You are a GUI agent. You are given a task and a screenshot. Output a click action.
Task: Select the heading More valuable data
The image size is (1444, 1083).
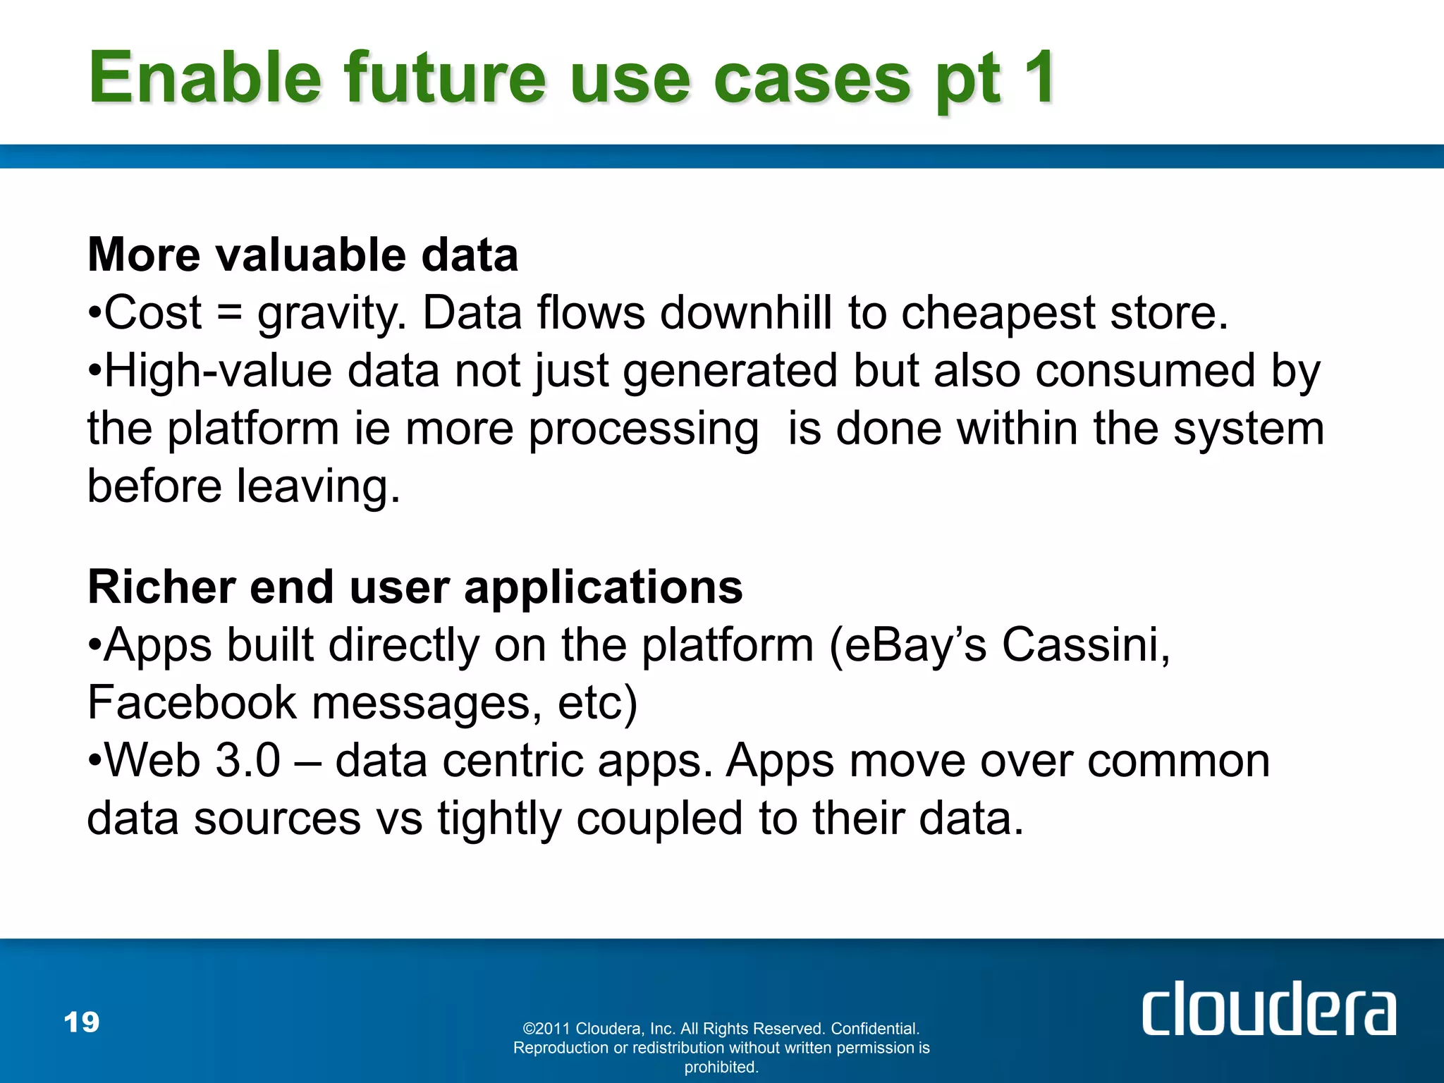[x=302, y=255]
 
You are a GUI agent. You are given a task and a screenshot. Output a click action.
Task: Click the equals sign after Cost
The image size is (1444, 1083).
[x=229, y=313]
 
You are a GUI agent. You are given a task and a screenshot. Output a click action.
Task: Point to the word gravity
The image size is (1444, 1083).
[x=330, y=314]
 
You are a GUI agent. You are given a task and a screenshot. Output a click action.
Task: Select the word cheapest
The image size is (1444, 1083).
[x=998, y=314]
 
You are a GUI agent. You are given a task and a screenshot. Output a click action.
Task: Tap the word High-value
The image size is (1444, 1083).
[x=218, y=371]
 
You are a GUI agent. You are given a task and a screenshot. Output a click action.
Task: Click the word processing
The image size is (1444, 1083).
[x=643, y=430]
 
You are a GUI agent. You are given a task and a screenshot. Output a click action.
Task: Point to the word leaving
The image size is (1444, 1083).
[x=317, y=487]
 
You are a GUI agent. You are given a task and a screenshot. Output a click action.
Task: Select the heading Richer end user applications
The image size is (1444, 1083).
[x=415, y=587]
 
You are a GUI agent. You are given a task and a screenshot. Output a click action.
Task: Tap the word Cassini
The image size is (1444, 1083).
[x=1086, y=645]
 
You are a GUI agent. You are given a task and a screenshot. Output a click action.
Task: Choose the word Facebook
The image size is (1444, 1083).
[x=192, y=703]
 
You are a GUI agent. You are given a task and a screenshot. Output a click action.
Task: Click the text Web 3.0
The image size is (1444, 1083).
[x=192, y=761]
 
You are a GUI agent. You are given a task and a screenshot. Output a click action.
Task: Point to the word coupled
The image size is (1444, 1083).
[x=659, y=819]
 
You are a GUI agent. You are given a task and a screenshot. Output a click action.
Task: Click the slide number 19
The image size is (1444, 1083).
[x=82, y=1022]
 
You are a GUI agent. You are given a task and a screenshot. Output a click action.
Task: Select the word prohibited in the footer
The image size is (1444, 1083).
[x=721, y=1067]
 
